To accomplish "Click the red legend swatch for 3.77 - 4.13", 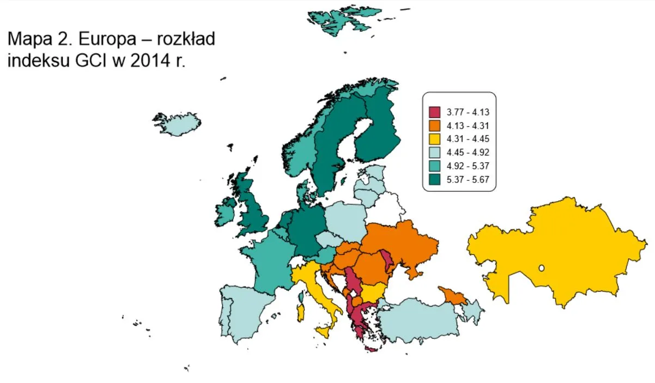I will click(434, 112).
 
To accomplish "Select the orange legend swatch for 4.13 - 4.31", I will click(434, 126).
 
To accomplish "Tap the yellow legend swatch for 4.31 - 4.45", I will click(434, 139).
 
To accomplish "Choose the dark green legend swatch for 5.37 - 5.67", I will click(434, 179).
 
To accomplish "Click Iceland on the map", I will click(177, 125).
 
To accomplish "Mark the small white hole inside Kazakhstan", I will click(541, 268).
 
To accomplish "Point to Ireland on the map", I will click(226, 212).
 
